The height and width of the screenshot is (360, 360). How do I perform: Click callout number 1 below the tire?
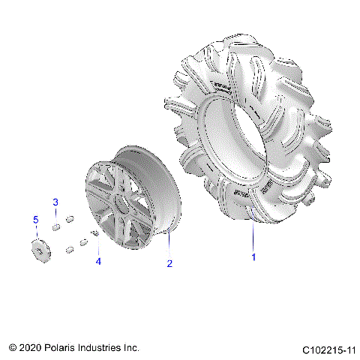[x=253, y=257]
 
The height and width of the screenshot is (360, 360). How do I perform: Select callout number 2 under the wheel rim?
[x=169, y=263]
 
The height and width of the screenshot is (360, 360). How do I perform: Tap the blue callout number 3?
[x=55, y=203]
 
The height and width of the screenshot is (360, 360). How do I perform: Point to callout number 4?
[x=97, y=262]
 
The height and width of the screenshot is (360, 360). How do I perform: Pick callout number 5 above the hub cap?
[x=34, y=219]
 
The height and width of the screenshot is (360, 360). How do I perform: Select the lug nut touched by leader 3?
[x=56, y=226]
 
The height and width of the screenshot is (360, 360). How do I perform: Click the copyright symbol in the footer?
[x=13, y=349]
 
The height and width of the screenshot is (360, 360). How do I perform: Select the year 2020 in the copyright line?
[x=32, y=349]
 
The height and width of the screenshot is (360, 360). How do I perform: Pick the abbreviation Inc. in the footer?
[x=132, y=349]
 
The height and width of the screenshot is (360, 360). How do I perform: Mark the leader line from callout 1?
[x=253, y=240]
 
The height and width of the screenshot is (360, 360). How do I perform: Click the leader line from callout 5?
[x=34, y=232]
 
